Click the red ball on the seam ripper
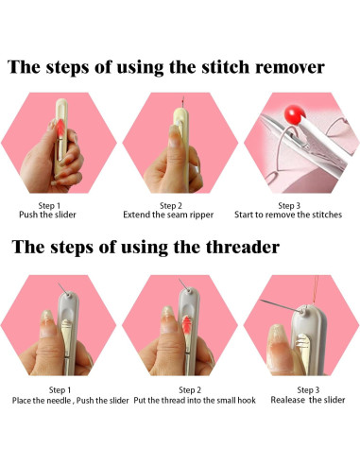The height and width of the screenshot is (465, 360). coord(295,114)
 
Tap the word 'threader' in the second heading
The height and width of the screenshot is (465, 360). coord(243,247)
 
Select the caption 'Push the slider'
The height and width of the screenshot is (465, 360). coord(47,215)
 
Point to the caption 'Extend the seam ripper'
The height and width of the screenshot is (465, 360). coord(168,215)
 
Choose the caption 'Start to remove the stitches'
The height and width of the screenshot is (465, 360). coord(288,215)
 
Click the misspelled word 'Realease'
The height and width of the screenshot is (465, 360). coord(287,400)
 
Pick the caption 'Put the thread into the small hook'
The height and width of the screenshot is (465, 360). coord(195,401)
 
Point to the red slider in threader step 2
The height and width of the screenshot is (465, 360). coord(187,324)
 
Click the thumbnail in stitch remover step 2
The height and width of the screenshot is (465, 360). coord(174,136)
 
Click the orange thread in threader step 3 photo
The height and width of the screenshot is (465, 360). coord(315,290)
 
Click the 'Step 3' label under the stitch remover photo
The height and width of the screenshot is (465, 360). coord(289,206)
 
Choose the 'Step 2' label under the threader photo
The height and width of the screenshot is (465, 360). coord(190,390)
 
